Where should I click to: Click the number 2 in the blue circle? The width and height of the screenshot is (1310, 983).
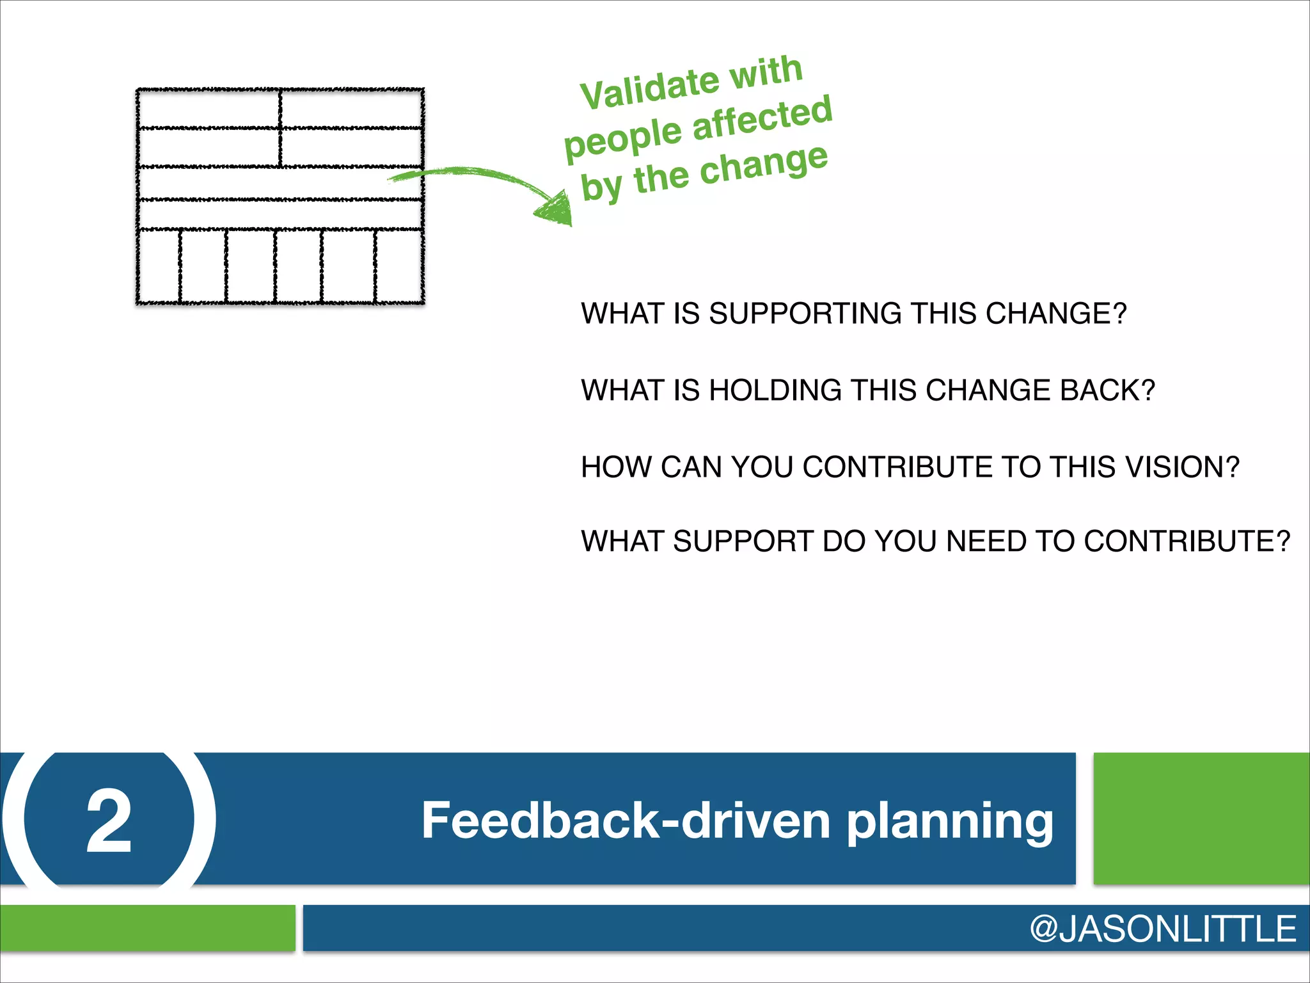click(x=109, y=821)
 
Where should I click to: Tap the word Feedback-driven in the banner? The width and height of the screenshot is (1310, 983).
click(x=625, y=821)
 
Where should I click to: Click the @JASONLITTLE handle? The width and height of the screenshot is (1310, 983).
click(x=1162, y=929)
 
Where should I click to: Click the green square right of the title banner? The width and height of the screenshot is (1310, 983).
click(x=1201, y=819)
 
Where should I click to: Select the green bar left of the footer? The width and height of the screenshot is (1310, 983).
click(x=147, y=928)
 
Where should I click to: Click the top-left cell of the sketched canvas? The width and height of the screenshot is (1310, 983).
click(x=209, y=109)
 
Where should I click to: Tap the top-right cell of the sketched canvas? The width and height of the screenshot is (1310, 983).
click(x=351, y=109)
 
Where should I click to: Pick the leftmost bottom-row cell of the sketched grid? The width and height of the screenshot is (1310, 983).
click(x=159, y=266)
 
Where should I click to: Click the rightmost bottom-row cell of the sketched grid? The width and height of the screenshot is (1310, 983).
click(x=398, y=266)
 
